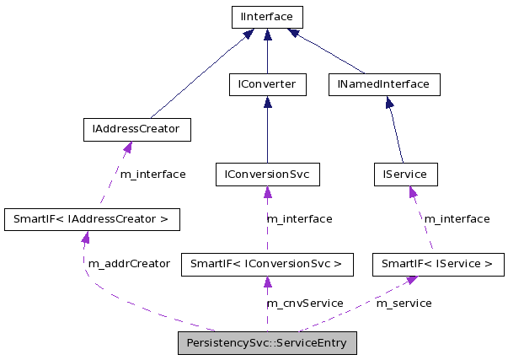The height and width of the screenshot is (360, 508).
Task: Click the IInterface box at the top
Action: coord(267,17)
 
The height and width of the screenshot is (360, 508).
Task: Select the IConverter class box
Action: coord(267,84)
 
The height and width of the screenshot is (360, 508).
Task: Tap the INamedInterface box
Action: coord(388,84)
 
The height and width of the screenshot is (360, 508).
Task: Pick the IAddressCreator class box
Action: coord(136,129)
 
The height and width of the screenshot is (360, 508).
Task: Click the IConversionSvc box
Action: coord(267,175)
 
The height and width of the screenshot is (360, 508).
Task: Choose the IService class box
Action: coord(405,175)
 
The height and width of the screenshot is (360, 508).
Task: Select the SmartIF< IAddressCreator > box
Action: coord(92,219)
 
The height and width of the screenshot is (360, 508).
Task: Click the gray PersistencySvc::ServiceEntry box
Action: coord(267,343)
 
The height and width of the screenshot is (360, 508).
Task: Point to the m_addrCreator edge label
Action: coord(128,264)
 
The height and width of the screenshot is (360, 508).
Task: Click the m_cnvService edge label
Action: coord(304,303)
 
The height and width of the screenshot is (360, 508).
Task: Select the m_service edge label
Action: coord(404,303)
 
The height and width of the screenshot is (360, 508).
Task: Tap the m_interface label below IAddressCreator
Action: coord(152,174)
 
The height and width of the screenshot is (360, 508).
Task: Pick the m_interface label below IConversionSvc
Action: coord(299,218)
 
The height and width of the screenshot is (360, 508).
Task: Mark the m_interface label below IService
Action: coord(457,218)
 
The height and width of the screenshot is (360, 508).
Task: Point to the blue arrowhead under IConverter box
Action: coord(267,102)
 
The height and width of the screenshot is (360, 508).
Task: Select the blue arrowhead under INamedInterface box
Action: coord(390,102)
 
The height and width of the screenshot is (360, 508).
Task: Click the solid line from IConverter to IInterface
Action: coord(267,55)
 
